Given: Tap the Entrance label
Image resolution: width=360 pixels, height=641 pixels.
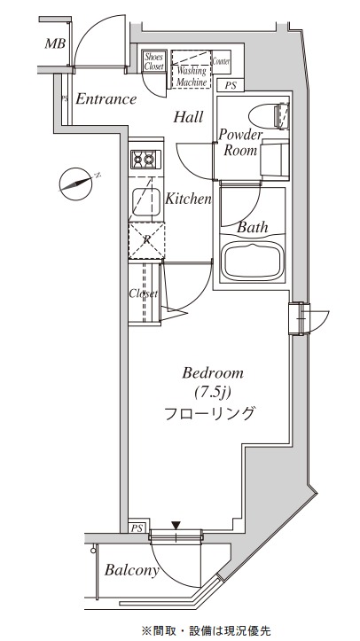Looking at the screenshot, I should (106, 99).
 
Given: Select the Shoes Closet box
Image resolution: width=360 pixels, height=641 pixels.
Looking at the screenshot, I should (154, 62).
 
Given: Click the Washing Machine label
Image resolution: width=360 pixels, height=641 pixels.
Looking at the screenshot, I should (192, 76).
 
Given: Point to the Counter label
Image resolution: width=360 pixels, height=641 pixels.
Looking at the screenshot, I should (222, 61).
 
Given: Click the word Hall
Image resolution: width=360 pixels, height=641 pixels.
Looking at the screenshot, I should (188, 117).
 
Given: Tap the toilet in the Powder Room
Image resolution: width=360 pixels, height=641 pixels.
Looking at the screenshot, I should (267, 115).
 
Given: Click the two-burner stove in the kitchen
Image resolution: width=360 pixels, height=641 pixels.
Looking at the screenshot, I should (144, 160).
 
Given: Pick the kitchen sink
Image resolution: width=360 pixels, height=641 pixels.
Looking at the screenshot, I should (144, 202).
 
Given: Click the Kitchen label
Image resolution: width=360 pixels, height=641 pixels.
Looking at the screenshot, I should (188, 199).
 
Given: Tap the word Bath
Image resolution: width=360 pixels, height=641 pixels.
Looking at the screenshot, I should (253, 228).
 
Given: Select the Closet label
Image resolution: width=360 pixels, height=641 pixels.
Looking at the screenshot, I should (143, 293).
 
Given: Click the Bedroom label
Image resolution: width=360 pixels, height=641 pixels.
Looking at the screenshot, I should (213, 372).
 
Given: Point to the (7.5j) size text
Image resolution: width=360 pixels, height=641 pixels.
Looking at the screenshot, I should (213, 392).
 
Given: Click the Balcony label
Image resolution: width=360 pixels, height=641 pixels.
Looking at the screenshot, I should (132, 571).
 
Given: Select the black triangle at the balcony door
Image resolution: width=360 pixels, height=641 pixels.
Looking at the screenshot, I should (176, 525).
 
